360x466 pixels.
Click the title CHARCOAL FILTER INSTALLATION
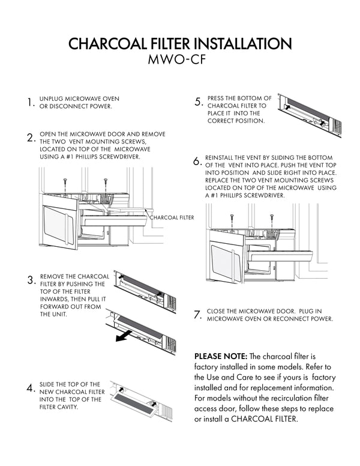[x=180, y=44]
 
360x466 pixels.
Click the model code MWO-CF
[x=180, y=61]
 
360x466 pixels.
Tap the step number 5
[x=198, y=102]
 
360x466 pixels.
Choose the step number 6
[x=197, y=162]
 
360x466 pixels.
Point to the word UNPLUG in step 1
[x=52, y=99]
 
